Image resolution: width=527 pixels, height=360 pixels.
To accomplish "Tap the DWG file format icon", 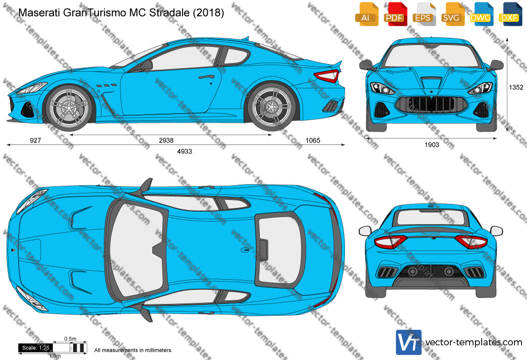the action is [x=481, y=14].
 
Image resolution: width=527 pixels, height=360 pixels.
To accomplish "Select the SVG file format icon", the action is [x=452, y=14].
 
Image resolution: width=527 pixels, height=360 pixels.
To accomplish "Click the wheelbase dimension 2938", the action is [x=166, y=140].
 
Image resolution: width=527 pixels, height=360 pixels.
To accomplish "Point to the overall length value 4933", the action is [x=185, y=151].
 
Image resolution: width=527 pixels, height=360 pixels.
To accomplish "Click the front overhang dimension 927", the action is [x=35, y=140].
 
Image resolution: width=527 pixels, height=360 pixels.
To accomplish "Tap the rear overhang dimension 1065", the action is [x=313, y=140].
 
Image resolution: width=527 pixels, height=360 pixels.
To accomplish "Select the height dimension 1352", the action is [x=515, y=87].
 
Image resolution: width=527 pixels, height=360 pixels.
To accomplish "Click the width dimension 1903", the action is [x=432, y=145].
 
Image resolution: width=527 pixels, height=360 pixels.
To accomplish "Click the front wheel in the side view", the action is [x=70, y=107].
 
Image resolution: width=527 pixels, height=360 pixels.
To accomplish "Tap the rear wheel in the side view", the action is [x=271, y=107].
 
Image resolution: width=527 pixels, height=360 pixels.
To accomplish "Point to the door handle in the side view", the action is [x=206, y=77].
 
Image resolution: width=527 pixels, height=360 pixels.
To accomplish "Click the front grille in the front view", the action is [x=432, y=104].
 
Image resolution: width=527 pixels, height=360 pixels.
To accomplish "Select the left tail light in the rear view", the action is [x=390, y=241].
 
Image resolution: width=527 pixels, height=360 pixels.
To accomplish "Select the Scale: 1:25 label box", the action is [x=36, y=348].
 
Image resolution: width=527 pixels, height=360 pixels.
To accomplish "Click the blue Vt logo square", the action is [x=408, y=342].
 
